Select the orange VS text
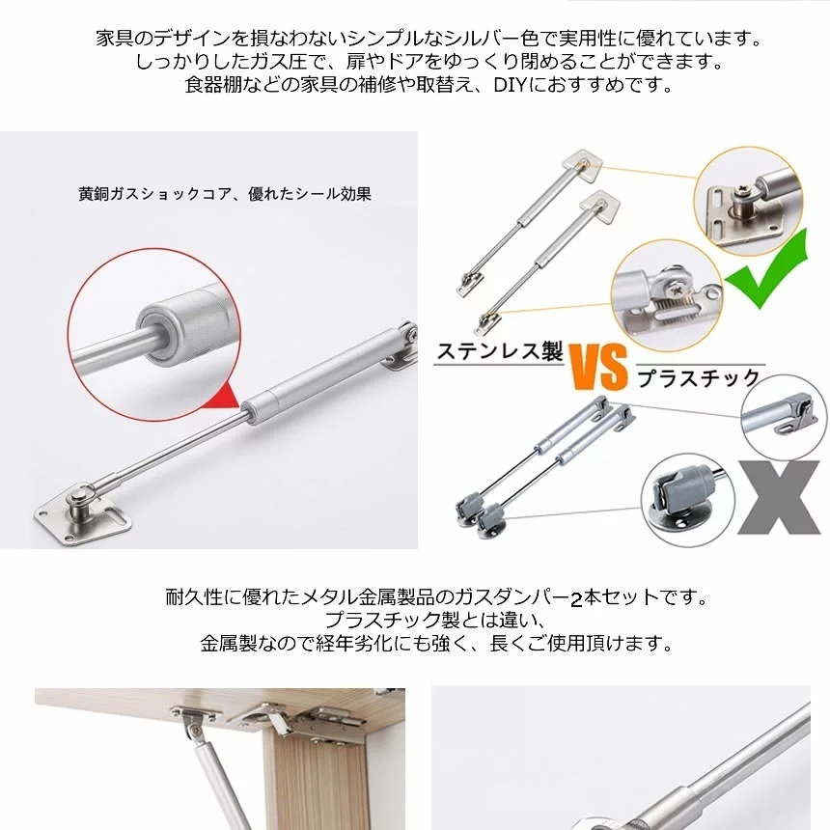598,367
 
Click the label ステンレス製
499,351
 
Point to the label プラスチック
699,378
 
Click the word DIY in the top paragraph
510,85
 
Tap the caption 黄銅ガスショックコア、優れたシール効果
225,194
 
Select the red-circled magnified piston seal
154,335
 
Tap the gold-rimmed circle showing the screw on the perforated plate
749,201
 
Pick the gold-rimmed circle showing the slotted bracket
667,294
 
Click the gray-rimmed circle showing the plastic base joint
687,500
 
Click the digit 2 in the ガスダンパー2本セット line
576,599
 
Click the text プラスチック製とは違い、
435,621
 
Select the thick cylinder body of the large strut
320,374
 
